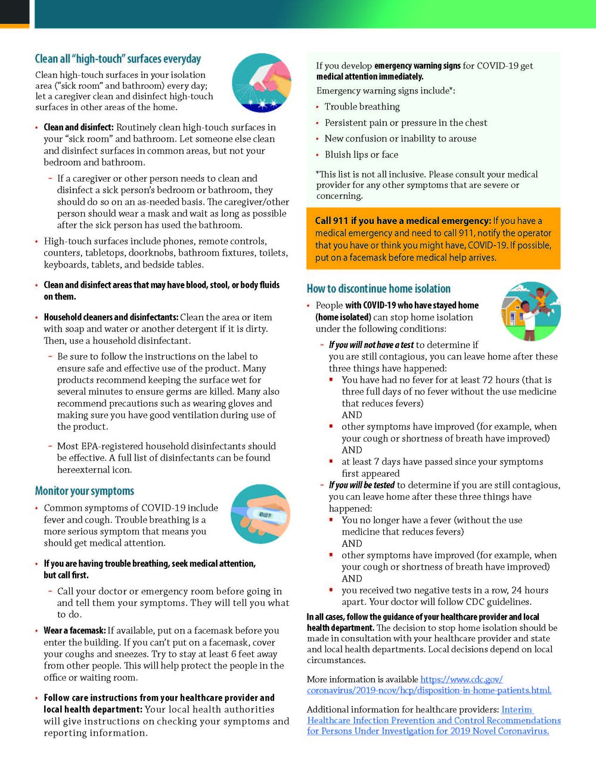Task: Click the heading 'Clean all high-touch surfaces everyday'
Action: [118, 59]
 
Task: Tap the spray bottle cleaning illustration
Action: [262, 83]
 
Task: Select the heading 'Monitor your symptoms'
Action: [85, 491]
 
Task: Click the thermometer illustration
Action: [260, 514]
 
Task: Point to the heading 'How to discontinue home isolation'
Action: [378, 289]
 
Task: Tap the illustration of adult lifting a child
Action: [531, 311]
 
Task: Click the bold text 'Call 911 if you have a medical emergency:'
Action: [403, 220]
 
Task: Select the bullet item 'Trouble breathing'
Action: [362, 107]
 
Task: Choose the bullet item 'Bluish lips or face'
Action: [361, 154]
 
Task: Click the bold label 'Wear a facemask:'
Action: [74, 630]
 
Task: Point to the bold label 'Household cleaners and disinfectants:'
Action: [111, 317]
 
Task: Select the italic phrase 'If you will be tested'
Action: [362, 485]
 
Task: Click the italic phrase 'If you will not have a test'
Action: [371, 345]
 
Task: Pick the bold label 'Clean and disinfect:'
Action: [79, 127]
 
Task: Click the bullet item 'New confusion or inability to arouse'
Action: [401, 138]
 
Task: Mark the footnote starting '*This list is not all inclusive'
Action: [427, 185]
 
